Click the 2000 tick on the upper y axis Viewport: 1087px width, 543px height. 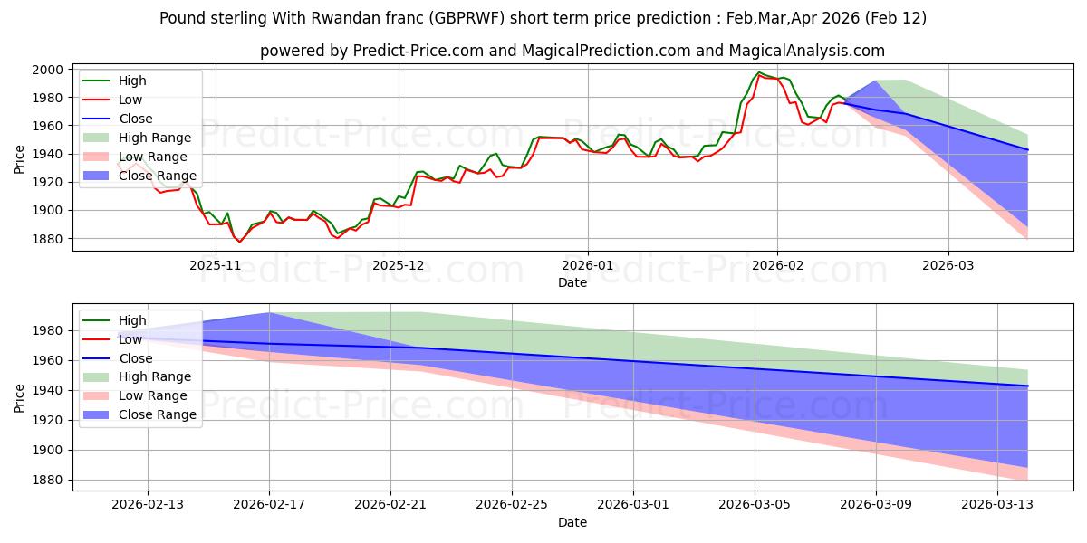(48, 70)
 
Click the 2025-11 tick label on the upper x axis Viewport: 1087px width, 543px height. (215, 265)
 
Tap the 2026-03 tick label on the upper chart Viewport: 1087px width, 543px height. (948, 265)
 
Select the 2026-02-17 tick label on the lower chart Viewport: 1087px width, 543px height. (269, 505)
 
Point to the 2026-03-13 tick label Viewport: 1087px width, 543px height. (997, 505)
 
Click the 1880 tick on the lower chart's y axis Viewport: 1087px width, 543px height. (48, 480)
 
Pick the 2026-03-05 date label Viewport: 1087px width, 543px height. (755, 505)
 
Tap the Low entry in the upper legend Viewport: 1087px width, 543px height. (131, 100)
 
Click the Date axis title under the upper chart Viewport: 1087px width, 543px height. (572, 282)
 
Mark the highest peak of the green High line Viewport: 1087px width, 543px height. (759, 72)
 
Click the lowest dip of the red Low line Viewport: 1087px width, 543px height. (240, 242)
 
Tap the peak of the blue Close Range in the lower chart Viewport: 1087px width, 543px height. (269, 313)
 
